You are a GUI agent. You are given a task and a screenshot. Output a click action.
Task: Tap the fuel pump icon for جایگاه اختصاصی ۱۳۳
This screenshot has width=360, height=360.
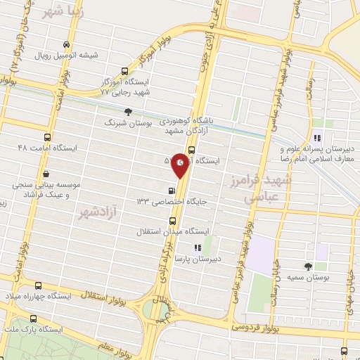[x=171, y=191]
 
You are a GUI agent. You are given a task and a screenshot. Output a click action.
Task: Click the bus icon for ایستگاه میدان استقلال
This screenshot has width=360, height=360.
[x=172, y=221]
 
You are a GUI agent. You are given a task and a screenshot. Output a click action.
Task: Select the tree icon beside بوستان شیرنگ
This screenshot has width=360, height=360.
[x=128, y=112]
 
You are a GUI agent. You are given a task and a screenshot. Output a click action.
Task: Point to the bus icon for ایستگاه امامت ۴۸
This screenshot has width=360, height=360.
[x=47, y=138]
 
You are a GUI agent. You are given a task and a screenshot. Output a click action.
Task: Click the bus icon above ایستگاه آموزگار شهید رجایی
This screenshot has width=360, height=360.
[x=125, y=71]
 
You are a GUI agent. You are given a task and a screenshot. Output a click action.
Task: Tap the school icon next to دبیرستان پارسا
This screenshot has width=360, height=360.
[x=198, y=247]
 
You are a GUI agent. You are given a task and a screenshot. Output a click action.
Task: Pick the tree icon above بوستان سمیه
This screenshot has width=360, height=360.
[x=308, y=266]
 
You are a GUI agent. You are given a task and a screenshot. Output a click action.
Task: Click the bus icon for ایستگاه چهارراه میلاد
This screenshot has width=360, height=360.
[x=38, y=286]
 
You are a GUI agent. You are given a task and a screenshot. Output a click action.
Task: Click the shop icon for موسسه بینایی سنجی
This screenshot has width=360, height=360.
[x=46, y=174]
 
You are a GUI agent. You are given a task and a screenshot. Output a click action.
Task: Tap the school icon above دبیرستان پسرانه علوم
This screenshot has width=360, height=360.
[x=318, y=138]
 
